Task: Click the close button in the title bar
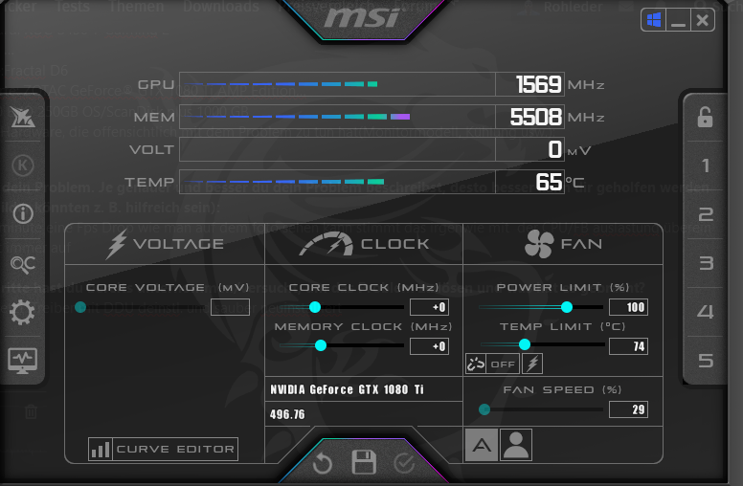[x=703, y=20]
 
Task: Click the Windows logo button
[x=654, y=20]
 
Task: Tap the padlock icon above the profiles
[x=705, y=117]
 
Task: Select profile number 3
[x=706, y=263]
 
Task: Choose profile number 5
[x=706, y=361]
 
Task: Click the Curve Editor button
[x=163, y=449]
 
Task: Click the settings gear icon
[x=21, y=312]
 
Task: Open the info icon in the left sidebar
[x=21, y=213]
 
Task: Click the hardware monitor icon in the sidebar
[x=21, y=361]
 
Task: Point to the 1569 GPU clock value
[x=538, y=84]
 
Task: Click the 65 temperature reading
[x=549, y=182]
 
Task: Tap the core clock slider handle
[x=314, y=307]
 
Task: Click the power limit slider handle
[x=566, y=307]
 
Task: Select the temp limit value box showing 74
[x=627, y=346]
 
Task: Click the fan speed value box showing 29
[x=627, y=409]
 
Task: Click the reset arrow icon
[x=322, y=464]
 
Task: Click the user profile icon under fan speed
[x=516, y=444]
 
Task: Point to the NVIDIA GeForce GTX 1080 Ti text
[x=347, y=389]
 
